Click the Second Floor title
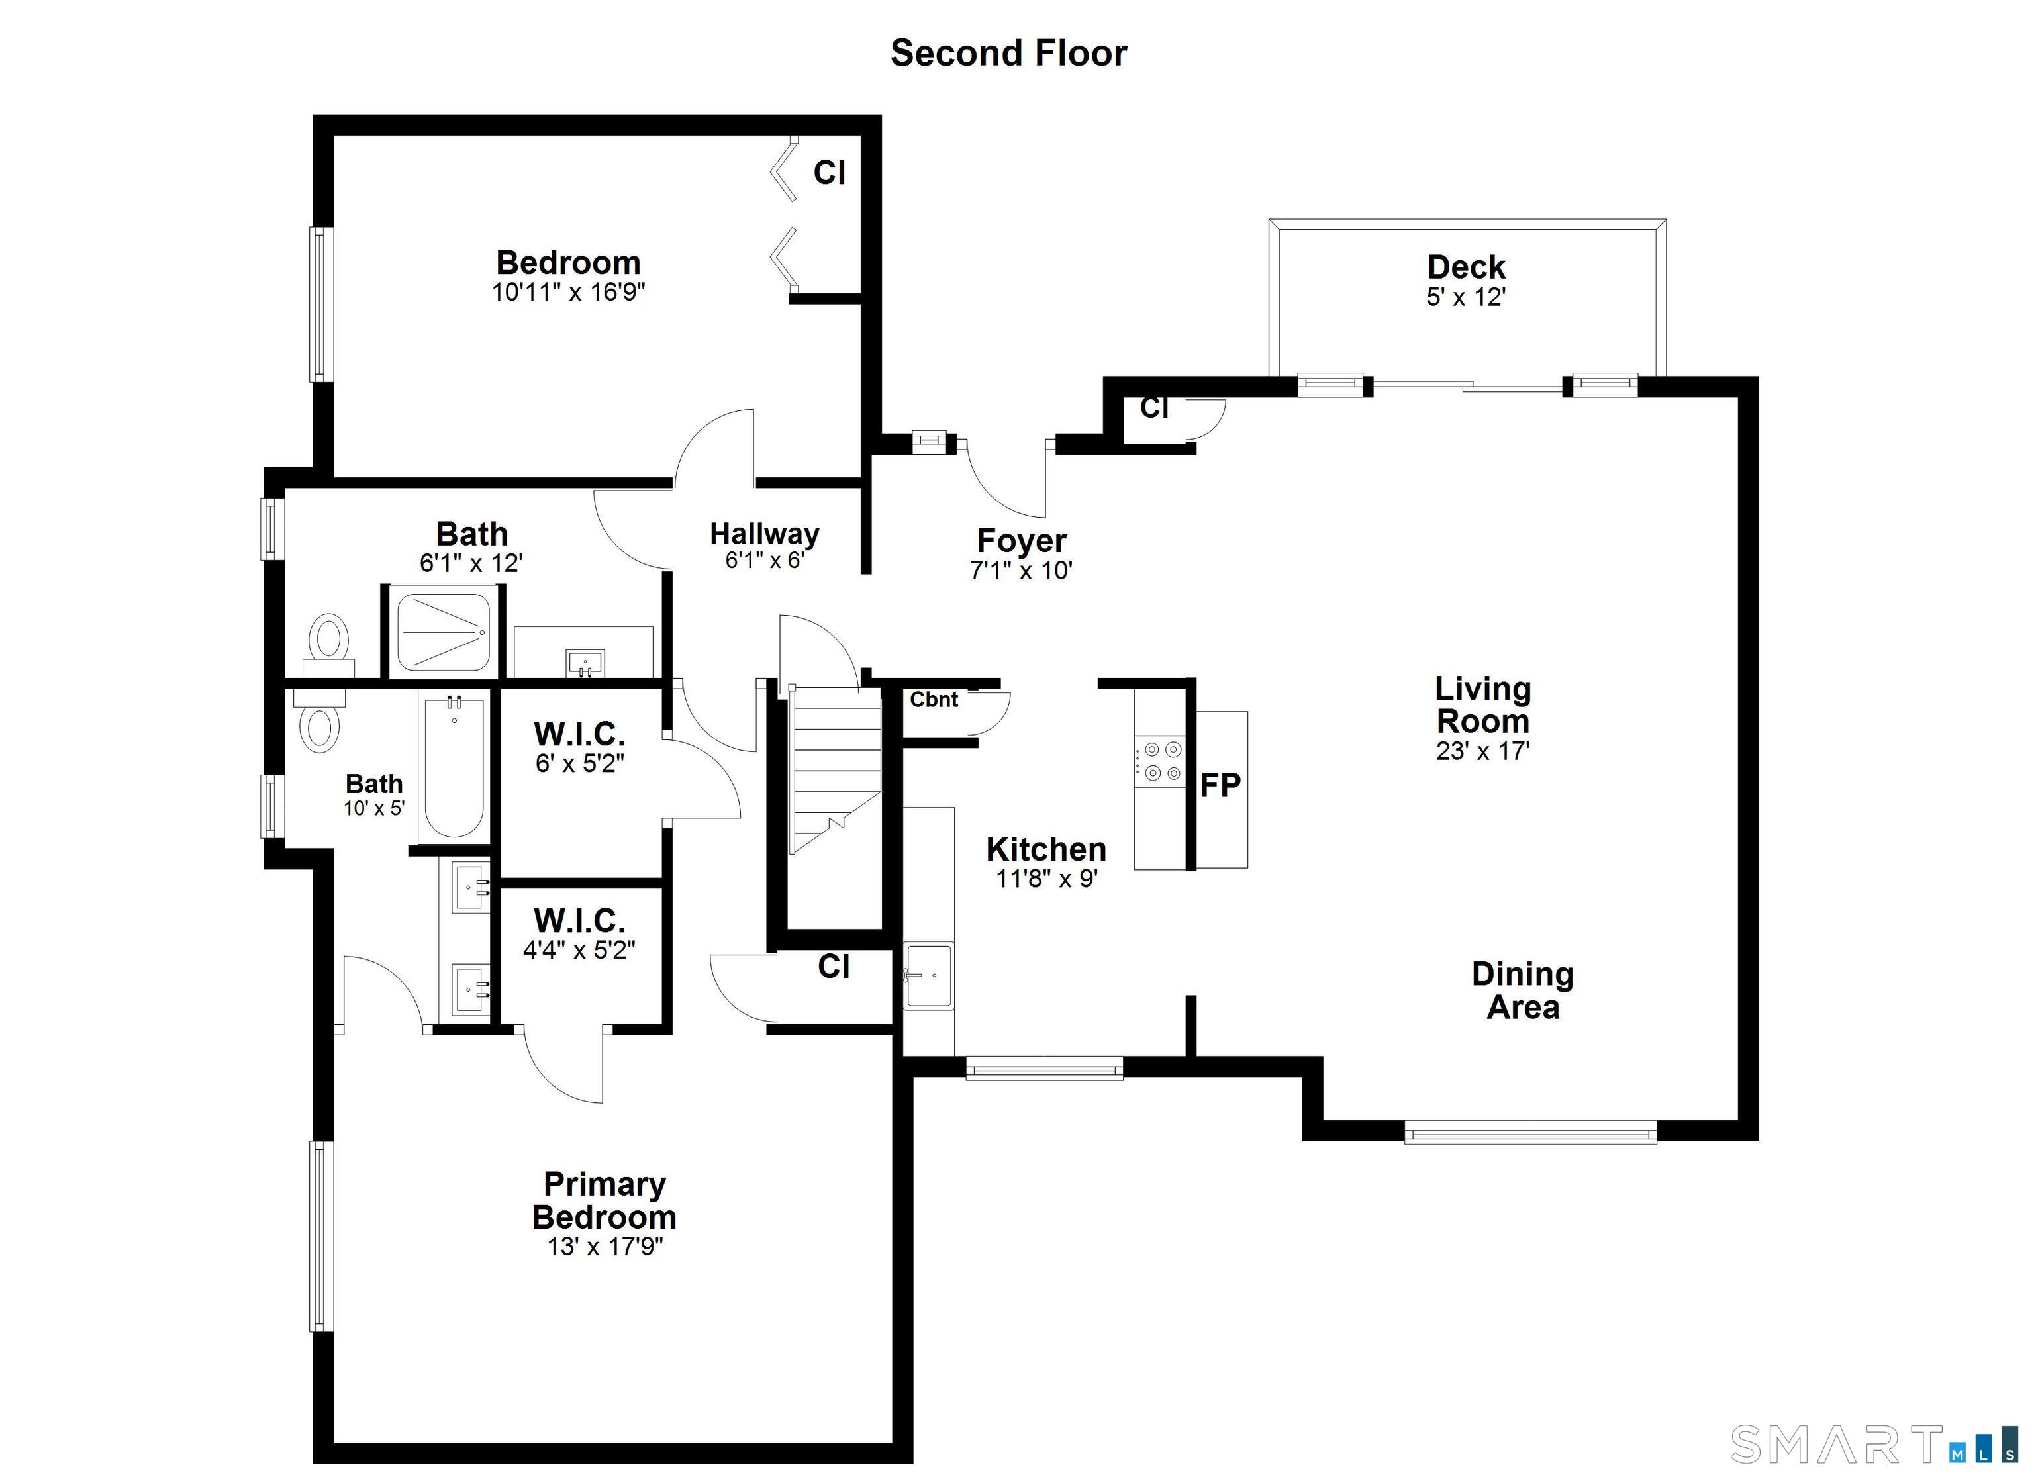tap(1008, 54)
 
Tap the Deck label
tap(1465, 267)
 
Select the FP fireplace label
tap(1220, 786)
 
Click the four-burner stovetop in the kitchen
tap(1161, 761)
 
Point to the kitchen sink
tap(928, 975)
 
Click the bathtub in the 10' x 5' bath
tap(454, 768)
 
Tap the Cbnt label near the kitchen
tap(934, 700)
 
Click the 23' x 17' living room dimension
tap(1482, 751)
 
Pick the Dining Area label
tap(1522, 990)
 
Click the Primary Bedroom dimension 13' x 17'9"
tap(605, 1247)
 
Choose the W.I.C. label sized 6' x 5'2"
tap(579, 735)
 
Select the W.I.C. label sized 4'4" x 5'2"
tap(579, 921)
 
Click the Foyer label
tap(1020, 541)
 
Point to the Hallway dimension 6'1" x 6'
tap(764, 561)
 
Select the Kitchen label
tap(1045, 849)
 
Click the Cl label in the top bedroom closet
tap(829, 172)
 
